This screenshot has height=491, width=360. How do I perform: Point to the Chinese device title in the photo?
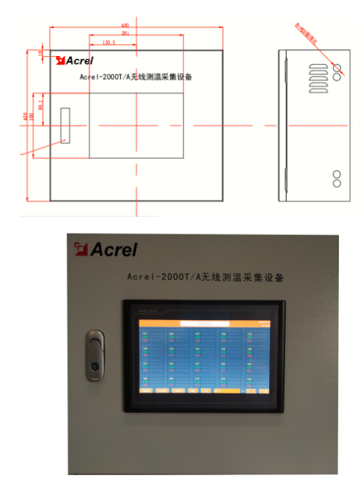pos(204,277)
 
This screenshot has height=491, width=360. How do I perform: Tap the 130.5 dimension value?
pos(109,44)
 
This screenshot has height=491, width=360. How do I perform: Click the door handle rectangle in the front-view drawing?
pos(65,125)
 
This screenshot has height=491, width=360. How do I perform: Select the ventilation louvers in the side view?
pos(317,79)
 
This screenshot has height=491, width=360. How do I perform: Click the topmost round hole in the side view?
pos(337,68)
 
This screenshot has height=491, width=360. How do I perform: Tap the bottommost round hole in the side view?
pos(337,183)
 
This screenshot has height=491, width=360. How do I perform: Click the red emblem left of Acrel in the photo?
pos(80,250)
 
